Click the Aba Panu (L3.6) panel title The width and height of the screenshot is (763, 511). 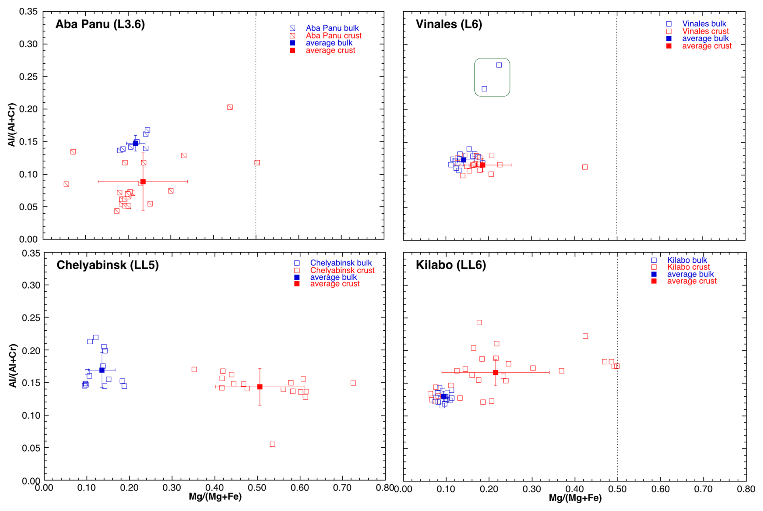pyautogui.click(x=100, y=24)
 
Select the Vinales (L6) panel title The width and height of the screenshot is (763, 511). pyautogui.click(x=449, y=24)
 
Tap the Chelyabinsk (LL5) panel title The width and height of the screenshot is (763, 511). pyautogui.click(x=108, y=265)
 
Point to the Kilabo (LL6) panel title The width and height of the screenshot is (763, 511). pyautogui.click(x=451, y=265)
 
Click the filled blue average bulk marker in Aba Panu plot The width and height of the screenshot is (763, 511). pyautogui.click(x=136, y=143)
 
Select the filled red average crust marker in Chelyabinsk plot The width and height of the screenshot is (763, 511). pyautogui.click(x=260, y=387)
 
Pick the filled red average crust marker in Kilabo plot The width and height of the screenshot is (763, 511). pyautogui.click(x=496, y=373)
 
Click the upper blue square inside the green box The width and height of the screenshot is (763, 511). pyautogui.click(x=499, y=65)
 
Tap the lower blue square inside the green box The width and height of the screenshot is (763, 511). pyautogui.click(x=484, y=89)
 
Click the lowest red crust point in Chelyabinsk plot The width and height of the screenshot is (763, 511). pyautogui.click(x=272, y=444)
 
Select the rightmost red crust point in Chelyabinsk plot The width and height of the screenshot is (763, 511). pyautogui.click(x=353, y=383)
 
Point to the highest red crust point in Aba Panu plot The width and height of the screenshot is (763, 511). pyautogui.click(x=230, y=107)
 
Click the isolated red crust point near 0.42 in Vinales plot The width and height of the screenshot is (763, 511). pyautogui.click(x=585, y=167)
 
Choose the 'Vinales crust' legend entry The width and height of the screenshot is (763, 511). pyautogui.click(x=705, y=31)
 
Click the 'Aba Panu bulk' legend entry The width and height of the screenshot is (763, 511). pyautogui.click(x=332, y=28)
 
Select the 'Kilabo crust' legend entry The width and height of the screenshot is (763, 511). pyautogui.click(x=688, y=267)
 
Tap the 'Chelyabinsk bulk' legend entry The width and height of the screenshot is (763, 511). pyautogui.click(x=341, y=263)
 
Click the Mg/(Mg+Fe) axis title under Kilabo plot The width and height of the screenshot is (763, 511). pyautogui.click(x=575, y=498)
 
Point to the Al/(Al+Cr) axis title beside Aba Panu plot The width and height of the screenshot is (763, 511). pyautogui.click(x=12, y=125)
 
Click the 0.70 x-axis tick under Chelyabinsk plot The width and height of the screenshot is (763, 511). pyautogui.click(x=342, y=488)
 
